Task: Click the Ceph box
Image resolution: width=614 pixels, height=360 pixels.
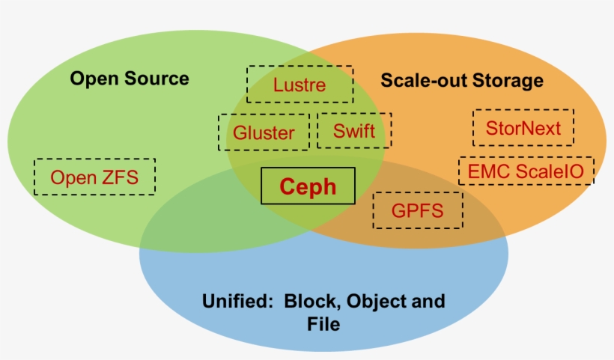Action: tap(308, 186)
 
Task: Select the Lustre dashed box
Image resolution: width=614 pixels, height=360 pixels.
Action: tap(300, 85)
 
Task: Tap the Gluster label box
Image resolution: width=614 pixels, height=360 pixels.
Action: tap(264, 132)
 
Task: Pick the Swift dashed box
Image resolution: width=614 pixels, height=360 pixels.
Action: tap(354, 131)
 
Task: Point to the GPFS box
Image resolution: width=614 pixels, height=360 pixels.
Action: tap(417, 211)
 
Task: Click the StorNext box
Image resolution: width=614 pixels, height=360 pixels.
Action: tap(523, 128)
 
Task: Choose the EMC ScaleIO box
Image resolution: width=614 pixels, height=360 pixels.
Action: tap(526, 171)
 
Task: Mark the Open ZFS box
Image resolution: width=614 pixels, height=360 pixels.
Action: tap(95, 177)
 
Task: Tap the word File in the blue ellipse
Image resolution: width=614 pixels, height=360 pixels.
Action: tap(323, 325)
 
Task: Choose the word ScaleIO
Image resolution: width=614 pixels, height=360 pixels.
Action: tap(553, 172)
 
